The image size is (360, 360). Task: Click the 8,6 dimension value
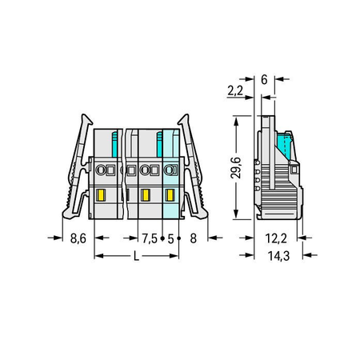(x=78, y=238)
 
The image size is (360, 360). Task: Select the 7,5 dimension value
(x=150, y=238)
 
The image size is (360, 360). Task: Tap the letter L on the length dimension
(x=136, y=256)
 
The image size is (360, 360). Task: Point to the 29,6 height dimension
(x=236, y=168)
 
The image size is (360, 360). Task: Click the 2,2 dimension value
(x=235, y=90)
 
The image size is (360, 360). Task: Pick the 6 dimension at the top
(x=264, y=79)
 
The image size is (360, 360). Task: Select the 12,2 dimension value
(x=276, y=238)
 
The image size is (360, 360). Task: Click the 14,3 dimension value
(x=278, y=256)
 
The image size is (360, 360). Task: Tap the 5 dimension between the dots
(x=170, y=238)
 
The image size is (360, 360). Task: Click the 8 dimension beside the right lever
(x=194, y=238)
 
